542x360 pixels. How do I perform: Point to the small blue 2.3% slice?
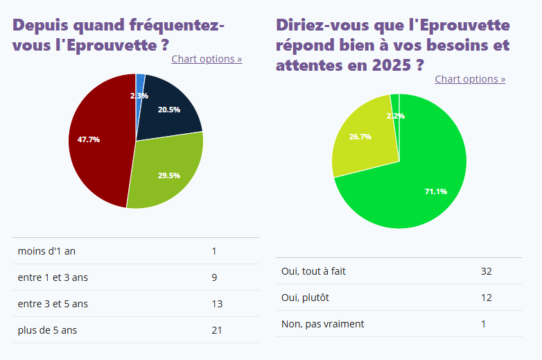[140, 83]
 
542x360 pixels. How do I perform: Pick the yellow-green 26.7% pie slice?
[360, 139]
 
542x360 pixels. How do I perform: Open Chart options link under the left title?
[207, 59]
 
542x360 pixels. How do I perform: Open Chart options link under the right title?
[470, 79]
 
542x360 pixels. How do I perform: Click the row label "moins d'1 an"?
[46, 251]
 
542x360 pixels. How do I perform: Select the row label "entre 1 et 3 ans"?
[53, 277]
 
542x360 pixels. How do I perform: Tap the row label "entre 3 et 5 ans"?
[53, 304]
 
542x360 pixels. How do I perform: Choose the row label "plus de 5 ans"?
[47, 330]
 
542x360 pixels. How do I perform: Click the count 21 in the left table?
[217, 330]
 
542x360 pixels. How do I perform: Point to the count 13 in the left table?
[217, 304]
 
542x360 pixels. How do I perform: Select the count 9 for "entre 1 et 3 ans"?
[215, 277]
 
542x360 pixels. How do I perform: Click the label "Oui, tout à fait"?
[313, 271]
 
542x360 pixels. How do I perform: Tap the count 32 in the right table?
[486, 271]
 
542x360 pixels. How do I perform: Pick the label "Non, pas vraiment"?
[322, 324]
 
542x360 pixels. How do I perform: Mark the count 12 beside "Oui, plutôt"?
[486, 298]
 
